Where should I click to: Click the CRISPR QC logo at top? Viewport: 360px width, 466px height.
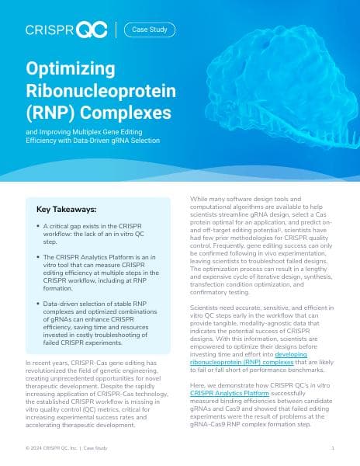coord(66,30)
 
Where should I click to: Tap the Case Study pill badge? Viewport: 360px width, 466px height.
coord(150,30)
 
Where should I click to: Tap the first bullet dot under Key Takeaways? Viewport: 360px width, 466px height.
coord(38,225)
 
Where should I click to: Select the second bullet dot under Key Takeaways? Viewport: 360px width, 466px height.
coord(38,256)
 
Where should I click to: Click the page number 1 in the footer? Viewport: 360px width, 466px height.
coord(332,448)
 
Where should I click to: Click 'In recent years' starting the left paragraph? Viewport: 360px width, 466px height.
coord(47,363)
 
